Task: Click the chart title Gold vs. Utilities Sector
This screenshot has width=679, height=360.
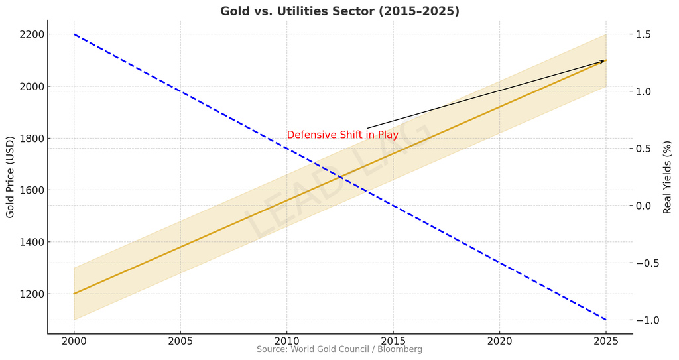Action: tap(339, 11)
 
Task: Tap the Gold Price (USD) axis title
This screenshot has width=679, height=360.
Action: tap(10, 177)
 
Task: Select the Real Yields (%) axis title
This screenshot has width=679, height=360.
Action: tap(668, 177)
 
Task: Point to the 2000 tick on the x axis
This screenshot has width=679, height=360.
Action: tap(74, 341)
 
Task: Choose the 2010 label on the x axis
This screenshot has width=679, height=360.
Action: tap(286, 341)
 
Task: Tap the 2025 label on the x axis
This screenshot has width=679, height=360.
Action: tap(605, 341)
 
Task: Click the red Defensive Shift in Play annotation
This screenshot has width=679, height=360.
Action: tap(342, 135)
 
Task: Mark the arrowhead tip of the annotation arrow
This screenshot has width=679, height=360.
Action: tap(605, 61)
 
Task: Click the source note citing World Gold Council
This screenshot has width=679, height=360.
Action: tap(339, 349)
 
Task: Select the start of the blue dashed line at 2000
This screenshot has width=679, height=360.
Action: tap(74, 34)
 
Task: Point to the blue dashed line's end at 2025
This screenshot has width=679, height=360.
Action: tap(605, 320)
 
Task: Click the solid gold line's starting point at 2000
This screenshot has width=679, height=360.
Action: tap(74, 293)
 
